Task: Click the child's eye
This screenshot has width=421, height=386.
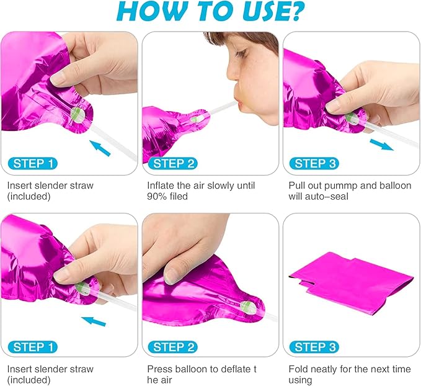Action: (x=241, y=54)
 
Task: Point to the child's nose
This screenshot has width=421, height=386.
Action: (x=233, y=73)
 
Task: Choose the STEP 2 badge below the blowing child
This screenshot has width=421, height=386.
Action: (x=174, y=163)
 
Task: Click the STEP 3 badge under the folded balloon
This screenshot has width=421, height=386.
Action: (x=315, y=347)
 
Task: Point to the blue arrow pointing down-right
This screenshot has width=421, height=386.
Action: (x=381, y=145)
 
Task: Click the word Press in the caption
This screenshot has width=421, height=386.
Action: (x=158, y=369)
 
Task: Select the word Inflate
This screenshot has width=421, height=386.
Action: (x=161, y=186)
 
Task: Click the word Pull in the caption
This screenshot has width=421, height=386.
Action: (x=297, y=186)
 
